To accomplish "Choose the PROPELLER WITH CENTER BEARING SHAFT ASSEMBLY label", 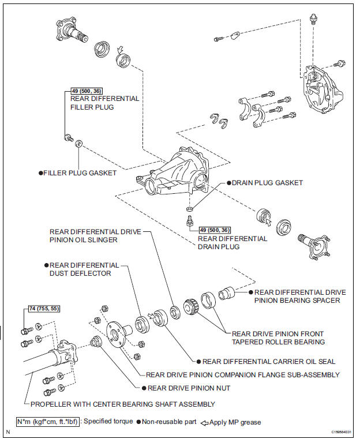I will point(127,404).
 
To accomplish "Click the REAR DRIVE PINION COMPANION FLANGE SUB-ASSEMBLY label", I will point(242,374).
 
